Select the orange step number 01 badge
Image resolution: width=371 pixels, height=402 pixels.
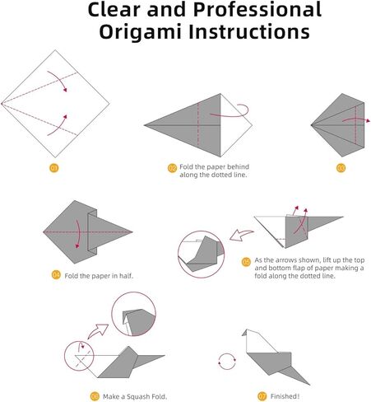pos(54,168)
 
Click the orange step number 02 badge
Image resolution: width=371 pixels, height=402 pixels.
pos(172,168)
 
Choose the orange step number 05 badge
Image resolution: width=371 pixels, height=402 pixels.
pos(246,262)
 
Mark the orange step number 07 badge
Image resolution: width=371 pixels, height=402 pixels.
pos(262,396)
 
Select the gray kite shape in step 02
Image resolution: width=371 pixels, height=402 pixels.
pos(193,125)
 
